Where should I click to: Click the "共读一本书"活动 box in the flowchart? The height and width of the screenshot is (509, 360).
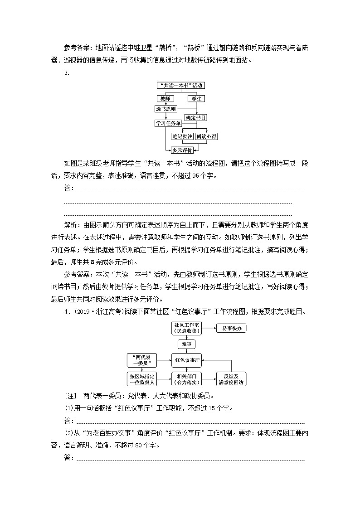[x=181, y=85]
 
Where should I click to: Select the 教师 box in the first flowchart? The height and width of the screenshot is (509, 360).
[x=165, y=98]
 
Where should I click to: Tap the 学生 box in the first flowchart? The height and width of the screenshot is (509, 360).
[x=197, y=98]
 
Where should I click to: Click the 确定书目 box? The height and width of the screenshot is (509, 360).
[x=196, y=117]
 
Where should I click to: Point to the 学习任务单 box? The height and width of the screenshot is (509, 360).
[x=168, y=123]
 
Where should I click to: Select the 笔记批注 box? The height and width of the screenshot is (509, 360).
[x=182, y=136]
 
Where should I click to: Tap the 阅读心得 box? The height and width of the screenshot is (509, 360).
[x=206, y=136]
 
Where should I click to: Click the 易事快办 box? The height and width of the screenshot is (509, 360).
[x=231, y=328]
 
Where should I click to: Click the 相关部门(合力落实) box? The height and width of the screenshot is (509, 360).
[x=186, y=379]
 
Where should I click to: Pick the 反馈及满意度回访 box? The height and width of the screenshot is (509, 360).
[x=231, y=379]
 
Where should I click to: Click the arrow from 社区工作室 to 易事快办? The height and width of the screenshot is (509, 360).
[x=209, y=328]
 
